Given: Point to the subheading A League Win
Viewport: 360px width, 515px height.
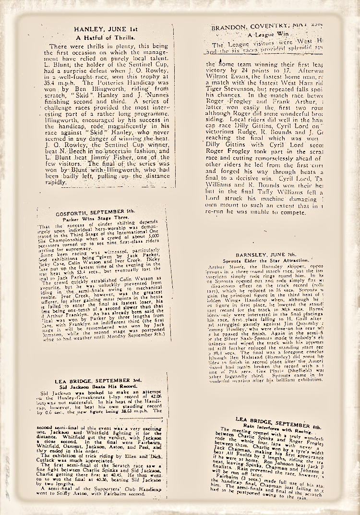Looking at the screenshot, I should (x=268, y=35).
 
